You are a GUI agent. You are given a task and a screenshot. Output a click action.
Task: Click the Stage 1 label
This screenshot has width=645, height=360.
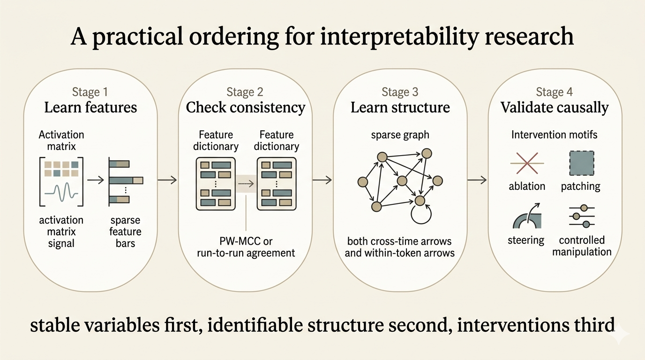click(90, 91)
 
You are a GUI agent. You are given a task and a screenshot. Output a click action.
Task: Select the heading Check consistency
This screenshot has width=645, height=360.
click(246, 107)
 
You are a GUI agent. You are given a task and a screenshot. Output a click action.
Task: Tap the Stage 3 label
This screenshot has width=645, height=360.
click(400, 91)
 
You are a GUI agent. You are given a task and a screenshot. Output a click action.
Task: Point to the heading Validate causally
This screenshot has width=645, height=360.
click(555, 107)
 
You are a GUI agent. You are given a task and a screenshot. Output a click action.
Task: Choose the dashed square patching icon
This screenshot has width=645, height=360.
click(581, 163)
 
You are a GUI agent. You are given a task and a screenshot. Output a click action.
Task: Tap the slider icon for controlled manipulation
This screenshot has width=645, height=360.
click(581, 217)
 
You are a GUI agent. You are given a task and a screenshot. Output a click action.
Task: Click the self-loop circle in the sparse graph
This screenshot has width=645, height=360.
click(420, 215)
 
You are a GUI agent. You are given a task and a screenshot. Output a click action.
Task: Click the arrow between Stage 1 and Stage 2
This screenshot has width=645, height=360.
click(167, 180)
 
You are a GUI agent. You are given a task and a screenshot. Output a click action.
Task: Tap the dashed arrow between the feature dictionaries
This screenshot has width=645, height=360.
click(246, 184)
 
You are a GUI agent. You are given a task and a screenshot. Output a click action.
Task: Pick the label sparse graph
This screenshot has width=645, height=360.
click(400, 135)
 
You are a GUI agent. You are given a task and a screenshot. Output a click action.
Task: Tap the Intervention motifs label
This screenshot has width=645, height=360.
click(554, 135)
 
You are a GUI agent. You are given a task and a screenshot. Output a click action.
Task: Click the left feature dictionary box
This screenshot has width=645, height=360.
click(216, 183)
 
